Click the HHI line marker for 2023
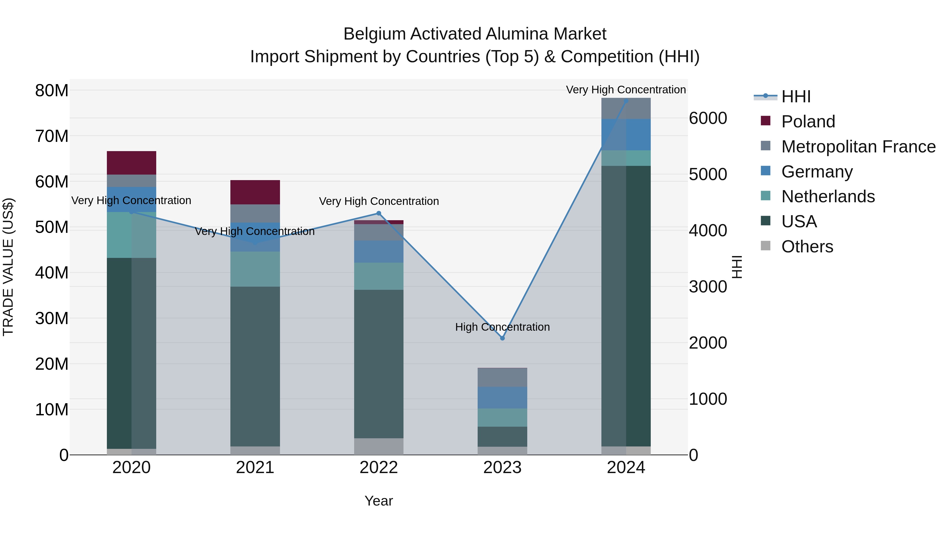click(x=502, y=338)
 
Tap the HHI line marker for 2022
click(x=378, y=213)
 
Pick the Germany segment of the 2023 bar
click(x=502, y=397)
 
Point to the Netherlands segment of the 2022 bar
click(x=378, y=276)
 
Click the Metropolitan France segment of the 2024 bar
click(x=626, y=108)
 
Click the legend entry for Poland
click(x=808, y=121)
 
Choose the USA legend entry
click(x=799, y=222)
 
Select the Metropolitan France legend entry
click(x=858, y=146)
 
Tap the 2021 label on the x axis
click(x=255, y=468)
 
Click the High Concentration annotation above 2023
click(x=502, y=327)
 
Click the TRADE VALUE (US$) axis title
click(x=8, y=267)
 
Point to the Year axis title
click(x=378, y=501)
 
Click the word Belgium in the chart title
click(x=375, y=34)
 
